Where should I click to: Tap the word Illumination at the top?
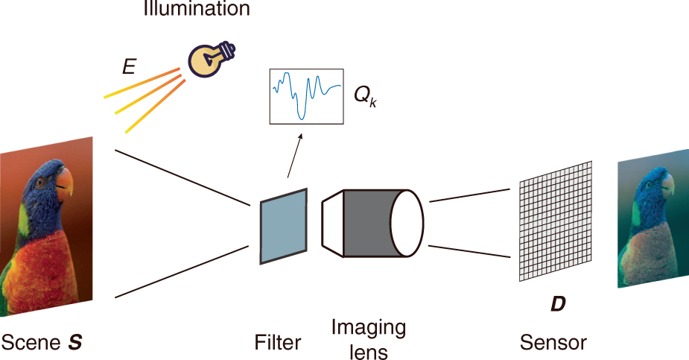tap(197, 10)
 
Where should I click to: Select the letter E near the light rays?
tap(129, 68)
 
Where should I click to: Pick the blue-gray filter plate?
tap(282, 224)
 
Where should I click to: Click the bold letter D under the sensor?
tap(556, 306)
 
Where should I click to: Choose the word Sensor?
tap(553, 343)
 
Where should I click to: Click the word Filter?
tap(277, 343)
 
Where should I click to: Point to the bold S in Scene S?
tap(74, 343)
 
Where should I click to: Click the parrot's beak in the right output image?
tap(667, 183)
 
